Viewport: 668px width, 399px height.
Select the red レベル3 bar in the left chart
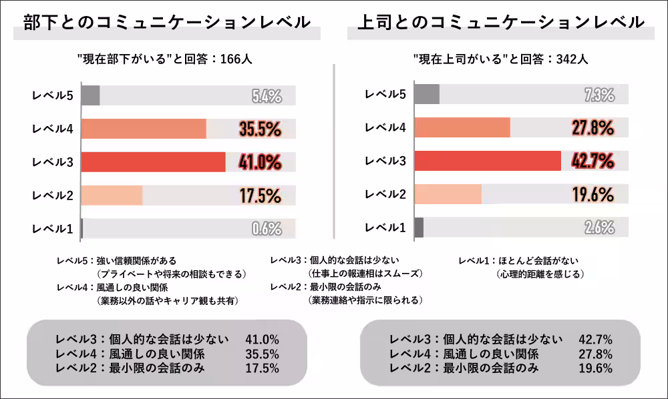(x=153, y=162)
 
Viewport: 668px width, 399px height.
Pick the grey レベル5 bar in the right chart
(x=427, y=94)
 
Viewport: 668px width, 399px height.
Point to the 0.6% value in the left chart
(x=267, y=229)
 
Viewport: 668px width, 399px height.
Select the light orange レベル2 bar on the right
(x=448, y=194)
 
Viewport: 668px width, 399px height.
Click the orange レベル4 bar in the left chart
(x=144, y=129)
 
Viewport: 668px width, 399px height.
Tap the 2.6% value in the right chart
(x=599, y=228)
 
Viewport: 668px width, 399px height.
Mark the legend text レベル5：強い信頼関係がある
(x=116, y=261)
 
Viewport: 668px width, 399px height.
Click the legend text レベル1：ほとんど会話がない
(x=518, y=261)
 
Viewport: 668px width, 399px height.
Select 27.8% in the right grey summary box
(x=595, y=354)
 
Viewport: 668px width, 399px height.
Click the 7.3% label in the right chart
(x=599, y=95)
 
